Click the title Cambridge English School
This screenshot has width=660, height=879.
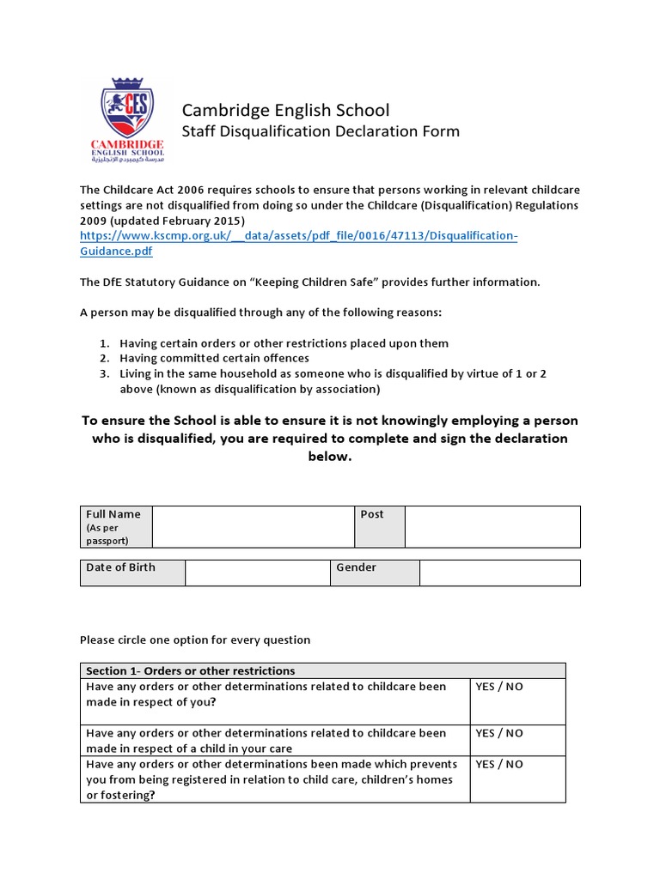coord(284,110)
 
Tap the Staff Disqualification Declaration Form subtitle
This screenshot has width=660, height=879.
coord(320,131)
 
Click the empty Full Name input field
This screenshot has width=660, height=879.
coord(254,526)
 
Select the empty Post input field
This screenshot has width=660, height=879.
coord(492,526)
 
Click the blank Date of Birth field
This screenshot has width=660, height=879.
coord(258,573)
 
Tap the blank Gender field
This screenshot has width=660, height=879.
coord(499,573)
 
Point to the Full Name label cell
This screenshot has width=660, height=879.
coord(116,526)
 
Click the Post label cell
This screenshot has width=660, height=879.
coord(379,526)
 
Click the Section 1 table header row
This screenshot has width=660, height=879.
coord(323,670)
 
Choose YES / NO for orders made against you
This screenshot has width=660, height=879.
coord(499,688)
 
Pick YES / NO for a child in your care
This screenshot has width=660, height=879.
coord(499,734)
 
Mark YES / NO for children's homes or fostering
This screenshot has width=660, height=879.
coord(499,765)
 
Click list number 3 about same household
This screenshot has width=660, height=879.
coord(104,374)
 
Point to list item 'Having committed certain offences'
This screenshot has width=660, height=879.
coord(214,359)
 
